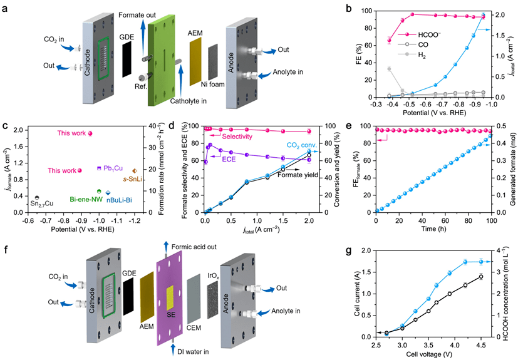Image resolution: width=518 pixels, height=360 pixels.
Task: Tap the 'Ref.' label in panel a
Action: [x=137, y=86]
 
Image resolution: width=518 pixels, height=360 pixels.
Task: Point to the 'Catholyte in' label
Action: [x=189, y=100]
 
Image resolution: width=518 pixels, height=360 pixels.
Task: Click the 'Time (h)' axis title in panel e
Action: [x=433, y=231]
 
